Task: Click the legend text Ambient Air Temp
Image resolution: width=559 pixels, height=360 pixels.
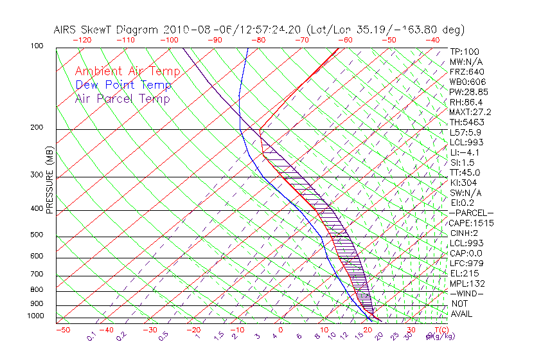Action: [x=127, y=71]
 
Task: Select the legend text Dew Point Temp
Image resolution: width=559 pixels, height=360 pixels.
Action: [x=123, y=85]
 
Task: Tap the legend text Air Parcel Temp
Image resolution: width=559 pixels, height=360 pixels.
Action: [x=123, y=98]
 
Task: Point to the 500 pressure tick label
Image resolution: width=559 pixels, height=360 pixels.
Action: [x=37, y=236]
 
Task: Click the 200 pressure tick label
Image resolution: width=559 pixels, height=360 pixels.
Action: [x=37, y=128]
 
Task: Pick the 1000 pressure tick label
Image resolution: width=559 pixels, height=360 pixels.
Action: [x=35, y=316]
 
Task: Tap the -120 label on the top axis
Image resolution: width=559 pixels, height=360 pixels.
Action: [x=82, y=40]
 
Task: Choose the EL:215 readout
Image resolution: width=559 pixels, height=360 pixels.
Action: [x=463, y=273]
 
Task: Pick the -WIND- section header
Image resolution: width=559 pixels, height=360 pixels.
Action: [x=467, y=293]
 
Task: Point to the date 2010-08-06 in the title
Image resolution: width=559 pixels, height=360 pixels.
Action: [x=190, y=30]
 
